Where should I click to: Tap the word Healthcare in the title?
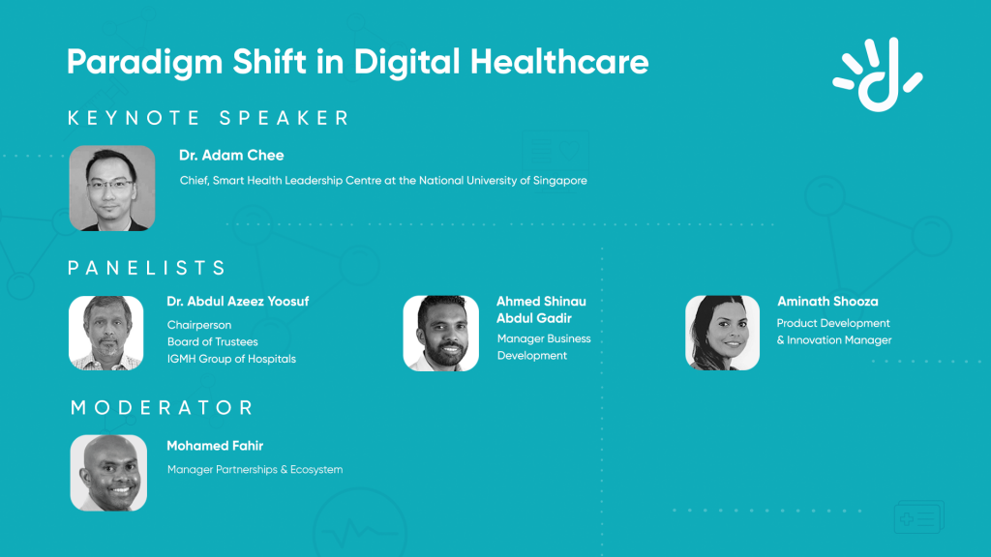pyautogui.click(x=559, y=62)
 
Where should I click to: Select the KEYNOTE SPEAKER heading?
pyautogui.click(x=209, y=118)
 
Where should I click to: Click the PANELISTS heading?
pyautogui.click(x=147, y=268)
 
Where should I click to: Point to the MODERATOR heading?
pyautogui.click(x=162, y=407)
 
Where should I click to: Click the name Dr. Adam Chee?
pyautogui.click(x=231, y=156)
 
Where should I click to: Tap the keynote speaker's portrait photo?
pyautogui.click(x=112, y=189)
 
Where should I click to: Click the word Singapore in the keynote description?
pyautogui.click(x=560, y=181)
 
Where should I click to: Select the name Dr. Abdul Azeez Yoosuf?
pyautogui.click(x=238, y=302)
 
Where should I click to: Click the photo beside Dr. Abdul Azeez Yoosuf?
pyautogui.click(x=106, y=333)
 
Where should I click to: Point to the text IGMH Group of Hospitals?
pyautogui.click(x=231, y=359)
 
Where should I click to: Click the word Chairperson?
pyautogui.click(x=199, y=325)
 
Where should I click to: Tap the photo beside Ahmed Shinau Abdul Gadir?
pyautogui.click(x=441, y=333)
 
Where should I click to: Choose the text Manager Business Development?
pyautogui.click(x=544, y=347)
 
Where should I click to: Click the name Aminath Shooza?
pyautogui.click(x=827, y=302)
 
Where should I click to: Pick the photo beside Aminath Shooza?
pyautogui.click(x=722, y=333)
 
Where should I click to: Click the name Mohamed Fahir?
pyautogui.click(x=215, y=446)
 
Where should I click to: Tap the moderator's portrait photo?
pyautogui.click(x=108, y=473)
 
